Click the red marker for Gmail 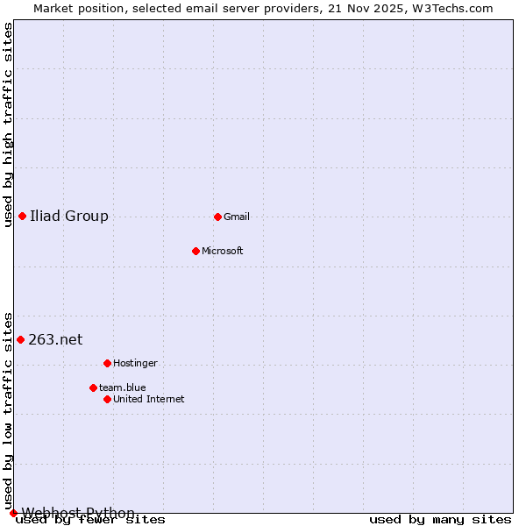click(x=217, y=217)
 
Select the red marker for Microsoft click(x=195, y=251)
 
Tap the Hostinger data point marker click(x=107, y=363)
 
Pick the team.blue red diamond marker click(x=93, y=387)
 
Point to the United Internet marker click(x=107, y=399)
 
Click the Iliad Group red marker click(x=22, y=216)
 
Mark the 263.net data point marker click(x=20, y=339)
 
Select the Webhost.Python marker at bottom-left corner click(x=13, y=513)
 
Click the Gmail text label click(x=237, y=217)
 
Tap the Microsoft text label click(x=223, y=251)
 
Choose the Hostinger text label click(x=135, y=363)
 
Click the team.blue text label click(x=123, y=387)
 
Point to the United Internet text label click(x=149, y=399)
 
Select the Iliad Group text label click(x=69, y=216)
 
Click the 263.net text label click(x=55, y=339)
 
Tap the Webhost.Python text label click(x=78, y=513)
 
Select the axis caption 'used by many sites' click(x=439, y=520)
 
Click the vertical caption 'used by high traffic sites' click(x=8, y=124)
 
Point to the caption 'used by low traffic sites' click(x=8, y=409)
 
